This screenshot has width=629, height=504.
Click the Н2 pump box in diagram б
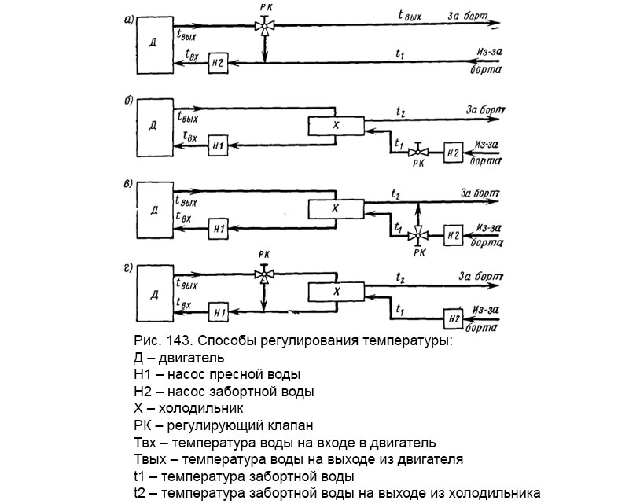pyautogui.click(x=452, y=150)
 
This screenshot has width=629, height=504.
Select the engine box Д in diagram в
pyautogui.click(x=154, y=210)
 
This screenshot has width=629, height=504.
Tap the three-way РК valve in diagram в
pyautogui.click(x=420, y=234)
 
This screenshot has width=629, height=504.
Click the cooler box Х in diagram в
pyautogui.click(x=335, y=208)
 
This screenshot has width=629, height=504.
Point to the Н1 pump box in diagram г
pyautogui.click(x=219, y=312)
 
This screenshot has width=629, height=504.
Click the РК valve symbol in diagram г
pyautogui.click(x=264, y=274)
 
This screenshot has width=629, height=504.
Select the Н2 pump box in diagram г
pyautogui.click(x=452, y=318)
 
